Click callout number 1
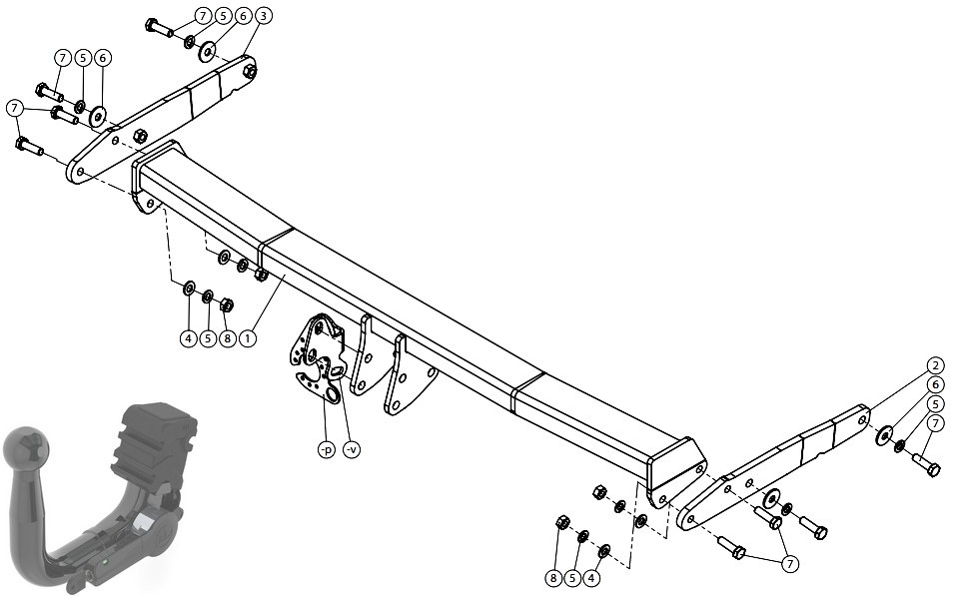[x=248, y=338]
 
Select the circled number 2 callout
[x=935, y=365]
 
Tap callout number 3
[x=262, y=16]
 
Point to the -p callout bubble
[x=327, y=449]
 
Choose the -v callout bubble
[x=352, y=449]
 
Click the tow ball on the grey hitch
[x=25, y=446]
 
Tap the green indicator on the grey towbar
[x=106, y=561]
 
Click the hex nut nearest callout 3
[x=249, y=71]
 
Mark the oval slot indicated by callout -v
[x=338, y=370]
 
